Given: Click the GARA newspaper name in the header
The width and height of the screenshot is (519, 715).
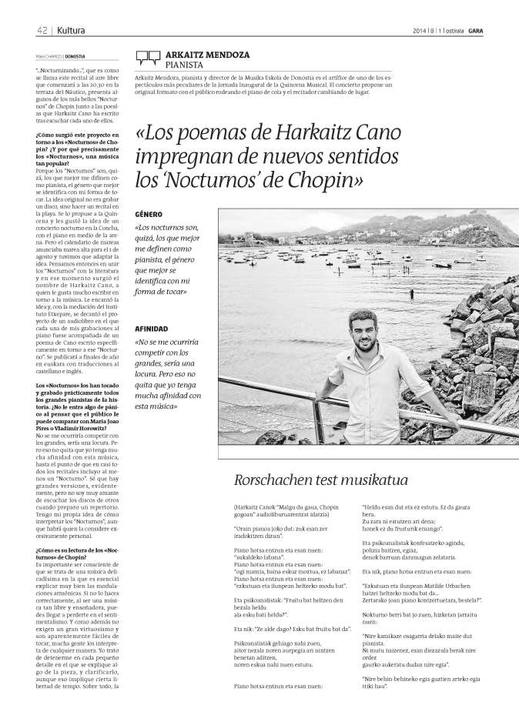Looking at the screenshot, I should tap(476, 30).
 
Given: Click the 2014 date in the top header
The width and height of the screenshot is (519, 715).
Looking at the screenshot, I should tap(422, 30).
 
